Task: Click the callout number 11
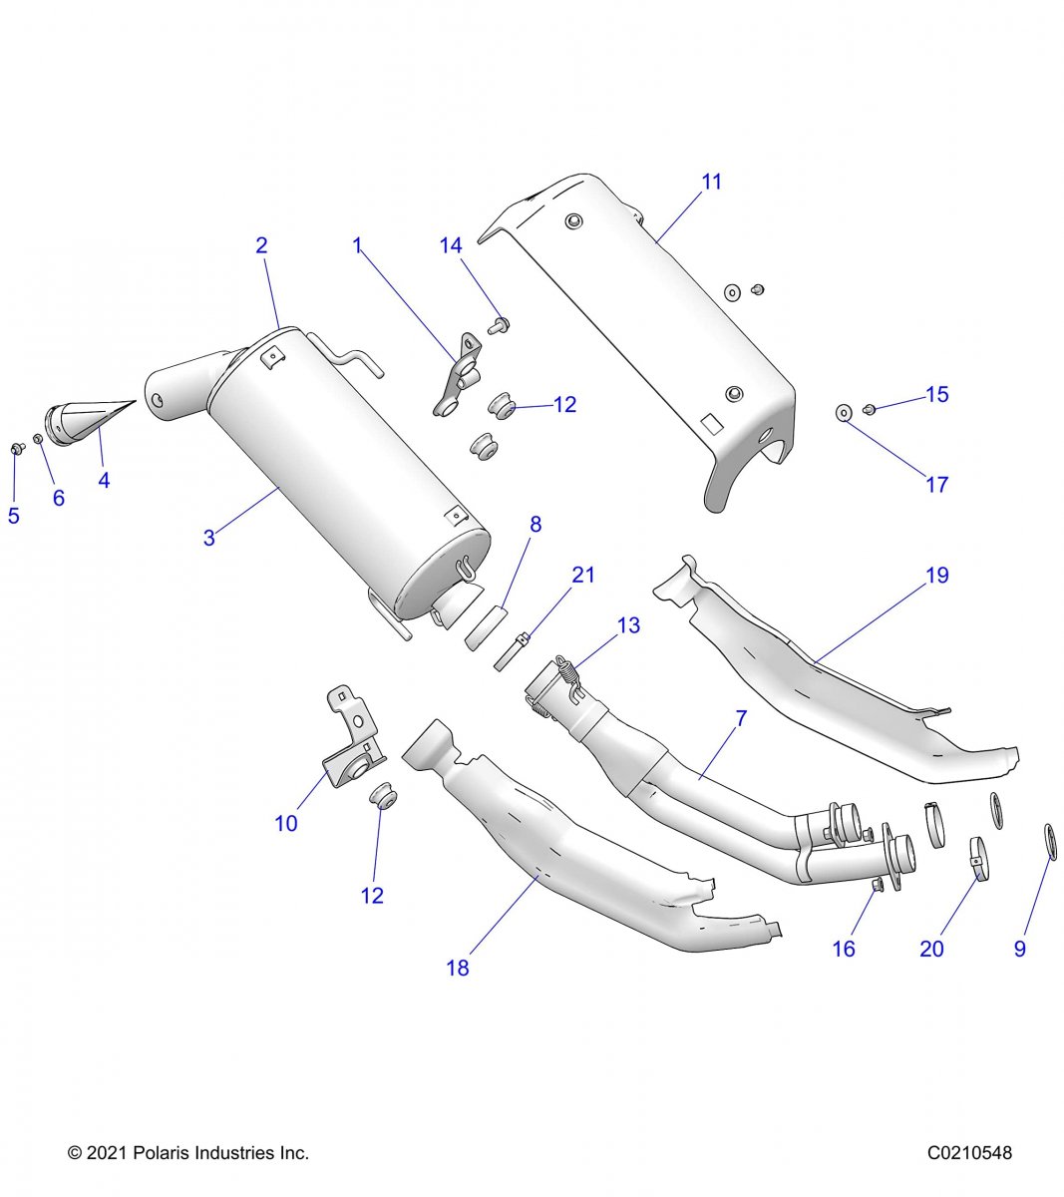coord(711,183)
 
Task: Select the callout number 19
coord(937,576)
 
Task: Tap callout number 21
coord(583,575)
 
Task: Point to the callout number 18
coord(458,968)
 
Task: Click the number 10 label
coord(286,824)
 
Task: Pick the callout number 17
coord(937,485)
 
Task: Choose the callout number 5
coord(14,516)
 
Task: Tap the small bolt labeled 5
coord(17,449)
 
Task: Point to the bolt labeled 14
coord(500,323)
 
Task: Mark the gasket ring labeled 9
coord(1050,841)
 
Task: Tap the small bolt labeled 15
coord(869,409)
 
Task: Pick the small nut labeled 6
coord(38,439)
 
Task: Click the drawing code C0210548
coord(969,1153)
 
